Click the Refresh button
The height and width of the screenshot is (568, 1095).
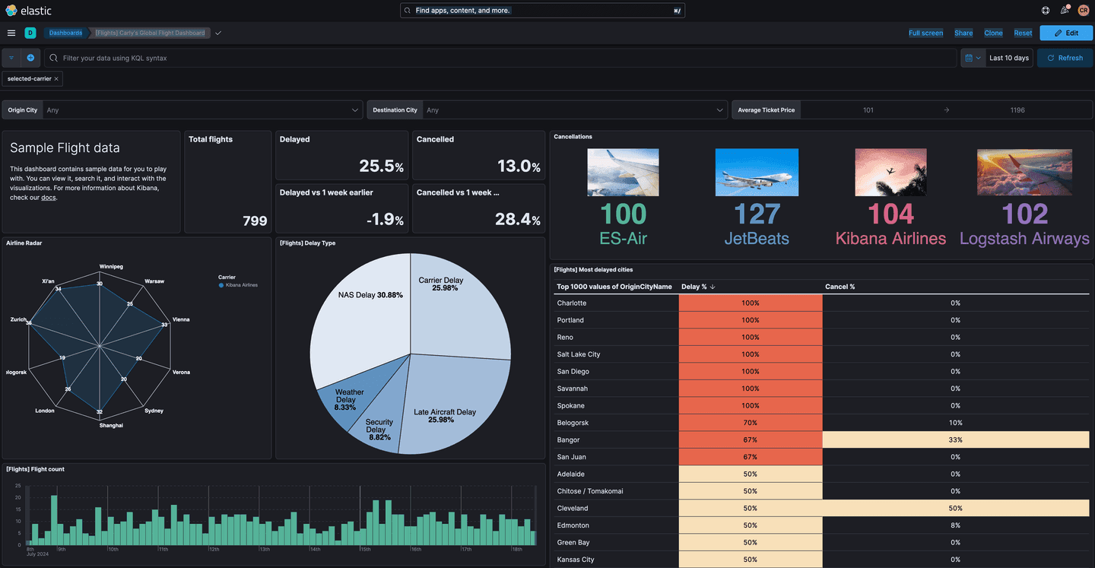tap(1065, 58)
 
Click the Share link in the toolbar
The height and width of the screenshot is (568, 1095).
tap(963, 33)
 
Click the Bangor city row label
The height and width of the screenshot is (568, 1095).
tap(568, 439)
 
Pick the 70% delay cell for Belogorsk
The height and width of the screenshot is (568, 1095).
tap(750, 423)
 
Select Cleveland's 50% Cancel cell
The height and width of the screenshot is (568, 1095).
tap(955, 508)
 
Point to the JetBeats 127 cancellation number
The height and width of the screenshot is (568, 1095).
tap(757, 214)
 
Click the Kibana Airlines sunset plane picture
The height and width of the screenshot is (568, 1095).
tap(890, 173)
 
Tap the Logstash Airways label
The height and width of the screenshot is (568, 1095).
tap(1024, 238)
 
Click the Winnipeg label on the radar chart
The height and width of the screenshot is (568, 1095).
tap(111, 267)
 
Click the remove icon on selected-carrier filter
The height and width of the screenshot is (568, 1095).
tap(56, 78)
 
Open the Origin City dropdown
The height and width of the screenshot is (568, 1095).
tap(202, 110)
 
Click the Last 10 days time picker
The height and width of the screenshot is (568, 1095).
tap(1008, 58)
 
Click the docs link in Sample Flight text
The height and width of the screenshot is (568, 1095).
tap(48, 198)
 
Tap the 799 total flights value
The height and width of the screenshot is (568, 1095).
tap(255, 221)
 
